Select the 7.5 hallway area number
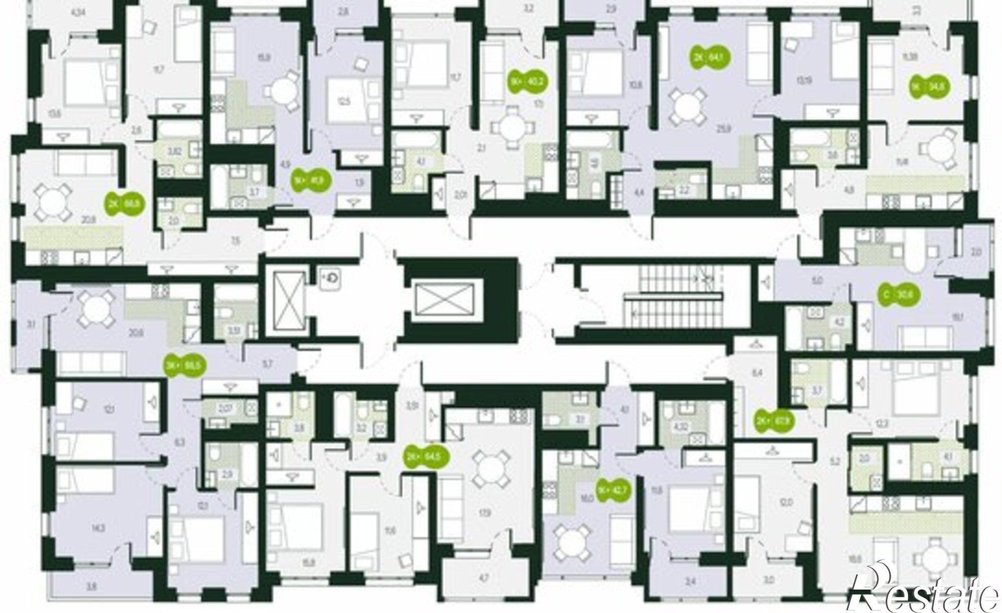236,241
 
